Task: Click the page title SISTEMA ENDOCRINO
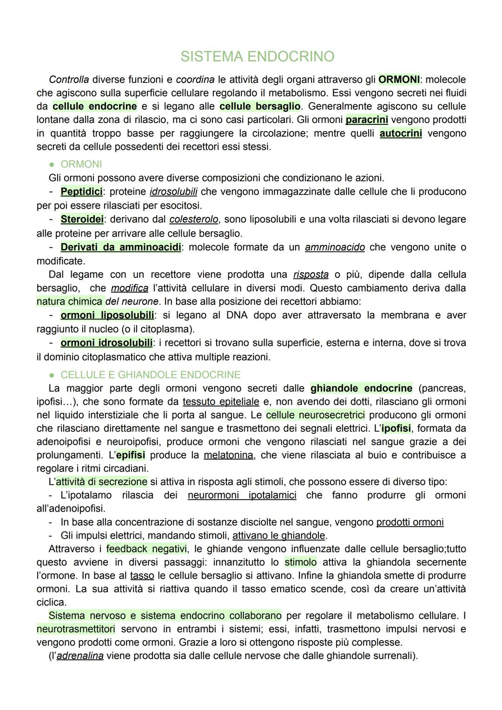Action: coord(257,57)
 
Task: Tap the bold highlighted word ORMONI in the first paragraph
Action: coord(399,79)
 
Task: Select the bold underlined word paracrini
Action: coord(367,120)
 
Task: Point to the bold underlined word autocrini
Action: coord(401,134)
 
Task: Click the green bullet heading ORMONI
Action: coord(81,164)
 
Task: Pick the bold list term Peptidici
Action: coord(81,191)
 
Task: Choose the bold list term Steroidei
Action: coord(82,219)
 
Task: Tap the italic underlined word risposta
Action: coord(311,275)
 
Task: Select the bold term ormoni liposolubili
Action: coord(107,315)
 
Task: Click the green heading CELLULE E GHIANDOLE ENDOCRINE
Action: coord(151,375)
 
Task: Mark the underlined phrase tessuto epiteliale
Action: coord(221,402)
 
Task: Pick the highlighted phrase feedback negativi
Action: coord(146,549)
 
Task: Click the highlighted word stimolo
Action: coord(300,562)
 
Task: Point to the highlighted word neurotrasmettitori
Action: coord(76,629)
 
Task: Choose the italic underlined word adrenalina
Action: coord(80,656)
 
